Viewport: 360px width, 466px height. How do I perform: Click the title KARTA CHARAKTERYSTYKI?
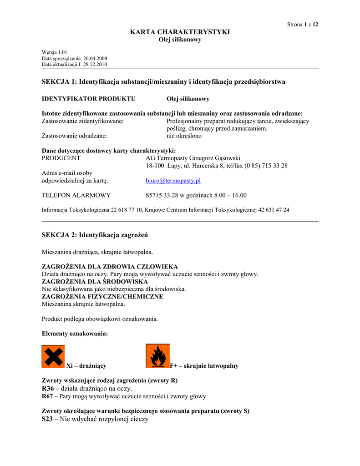pos(180,32)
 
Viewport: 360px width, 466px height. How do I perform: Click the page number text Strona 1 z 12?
pos(302,25)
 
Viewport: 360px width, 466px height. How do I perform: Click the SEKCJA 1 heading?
pos(163,82)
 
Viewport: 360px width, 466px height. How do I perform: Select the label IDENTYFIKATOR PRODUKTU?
pos(88,99)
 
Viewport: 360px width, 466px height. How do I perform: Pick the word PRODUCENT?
pos(61,158)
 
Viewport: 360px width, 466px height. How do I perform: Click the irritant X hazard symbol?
pos(53,356)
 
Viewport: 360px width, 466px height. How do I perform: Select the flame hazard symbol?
pos(157,356)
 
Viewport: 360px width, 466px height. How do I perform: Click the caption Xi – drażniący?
pos(86,366)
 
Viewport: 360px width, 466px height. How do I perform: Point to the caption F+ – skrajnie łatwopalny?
pos(204,366)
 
